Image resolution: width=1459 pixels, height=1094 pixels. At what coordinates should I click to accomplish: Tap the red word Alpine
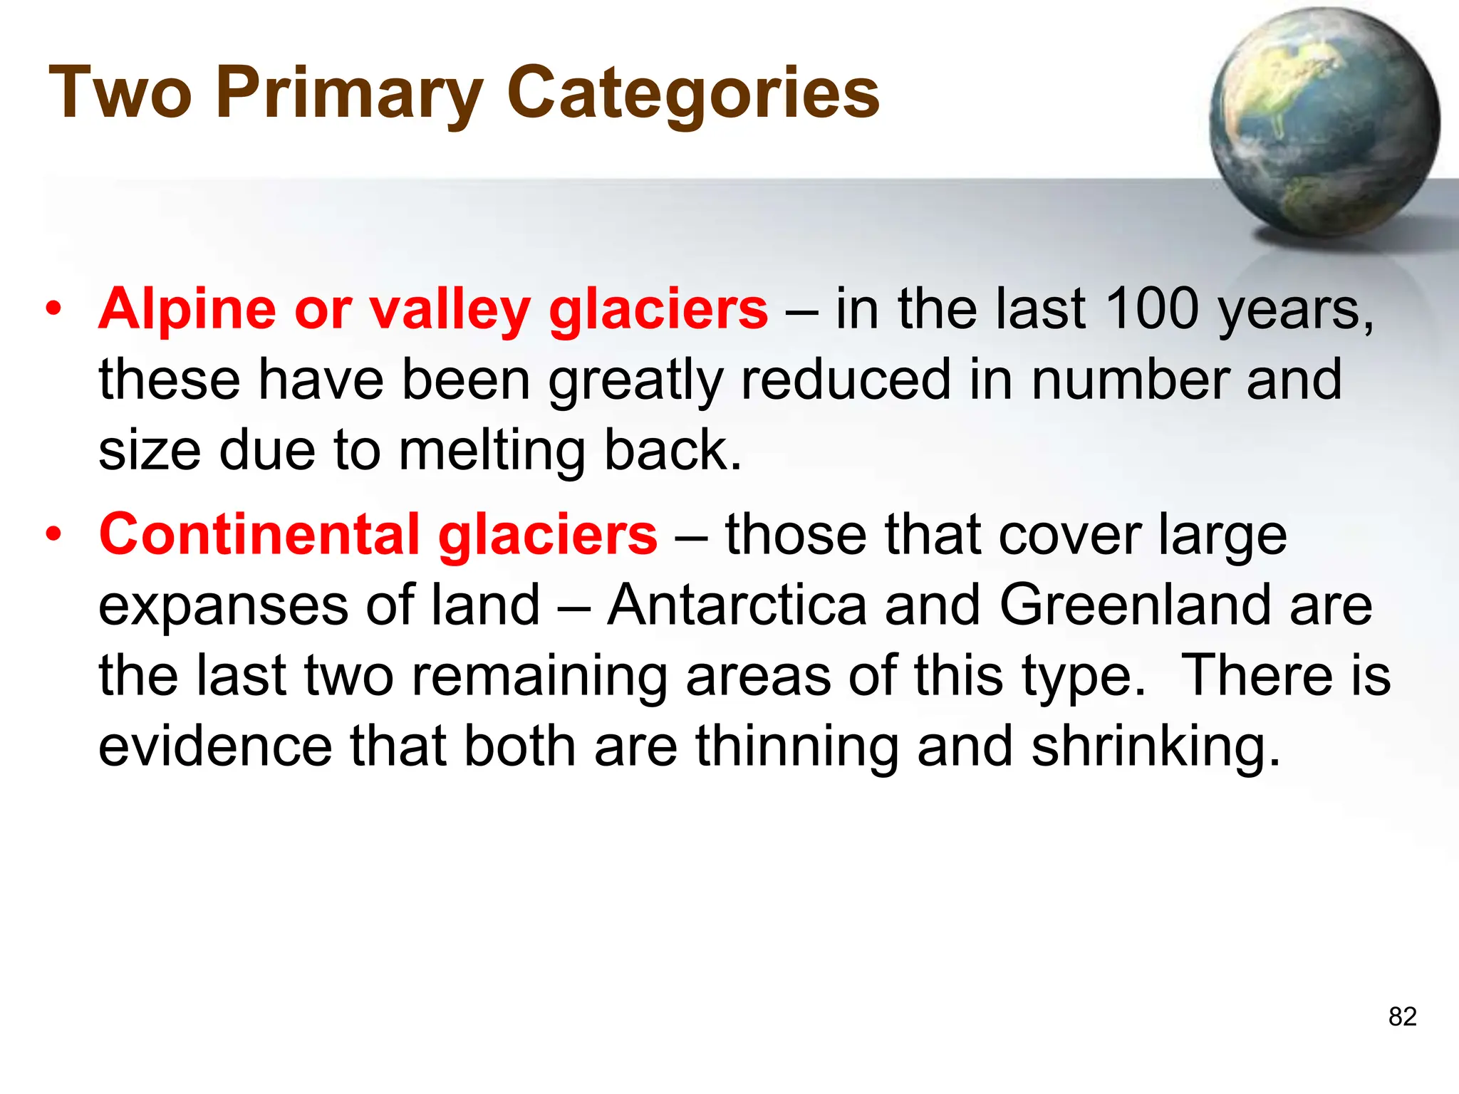(x=187, y=310)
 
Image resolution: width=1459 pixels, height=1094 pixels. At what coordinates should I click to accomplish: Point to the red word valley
(x=450, y=310)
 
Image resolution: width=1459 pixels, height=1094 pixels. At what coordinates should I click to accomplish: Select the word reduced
(x=846, y=379)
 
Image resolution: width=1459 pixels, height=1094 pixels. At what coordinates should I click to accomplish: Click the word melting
(x=492, y=451)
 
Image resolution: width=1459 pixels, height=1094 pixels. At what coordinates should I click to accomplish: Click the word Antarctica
(x=737, y=605)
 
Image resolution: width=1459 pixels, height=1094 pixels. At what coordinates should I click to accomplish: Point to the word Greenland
(x=1135, y=605)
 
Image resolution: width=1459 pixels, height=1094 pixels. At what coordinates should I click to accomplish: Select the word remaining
(x=540, y=677)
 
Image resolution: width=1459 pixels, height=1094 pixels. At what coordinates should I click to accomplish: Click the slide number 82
(x=1402, y=1016)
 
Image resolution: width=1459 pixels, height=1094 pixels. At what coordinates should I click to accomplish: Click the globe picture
(x=1324, y=123)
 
